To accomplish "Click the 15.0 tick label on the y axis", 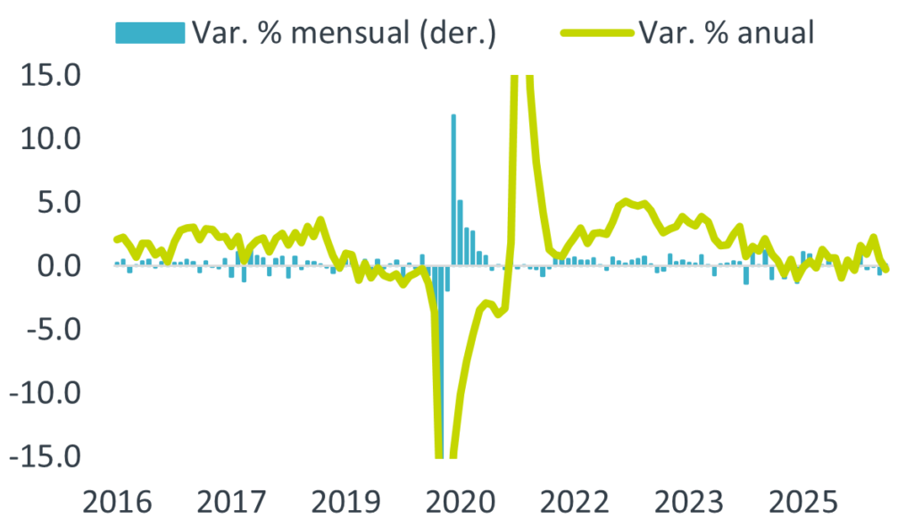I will [51, 76].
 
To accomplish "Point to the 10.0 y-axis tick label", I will [51, 139].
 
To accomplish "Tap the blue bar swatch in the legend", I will [150, 33].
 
